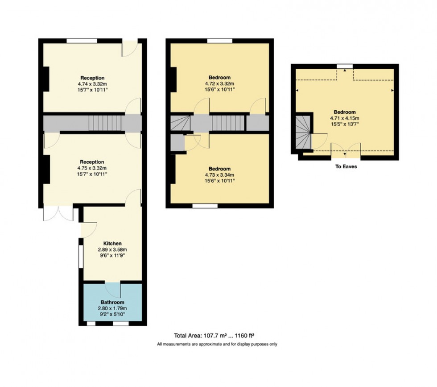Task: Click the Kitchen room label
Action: click(112, 243)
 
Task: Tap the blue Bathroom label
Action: click(112, 302)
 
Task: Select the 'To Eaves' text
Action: click(346, 167)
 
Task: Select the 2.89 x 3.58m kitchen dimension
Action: click(112, 250)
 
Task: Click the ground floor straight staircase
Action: click(105, 123)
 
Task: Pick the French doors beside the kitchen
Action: click(58, 213)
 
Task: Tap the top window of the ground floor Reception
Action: click(82, 41)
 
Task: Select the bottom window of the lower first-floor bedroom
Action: click(206, 206)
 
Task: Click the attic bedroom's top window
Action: click(345, 67)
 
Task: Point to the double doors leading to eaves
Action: click(346, 150)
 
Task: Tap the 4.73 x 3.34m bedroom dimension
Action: click(220, 175)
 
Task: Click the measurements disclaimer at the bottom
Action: click(217, 344)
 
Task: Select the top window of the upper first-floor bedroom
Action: click(220, 41)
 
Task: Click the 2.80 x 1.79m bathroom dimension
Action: click(112, 308)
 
